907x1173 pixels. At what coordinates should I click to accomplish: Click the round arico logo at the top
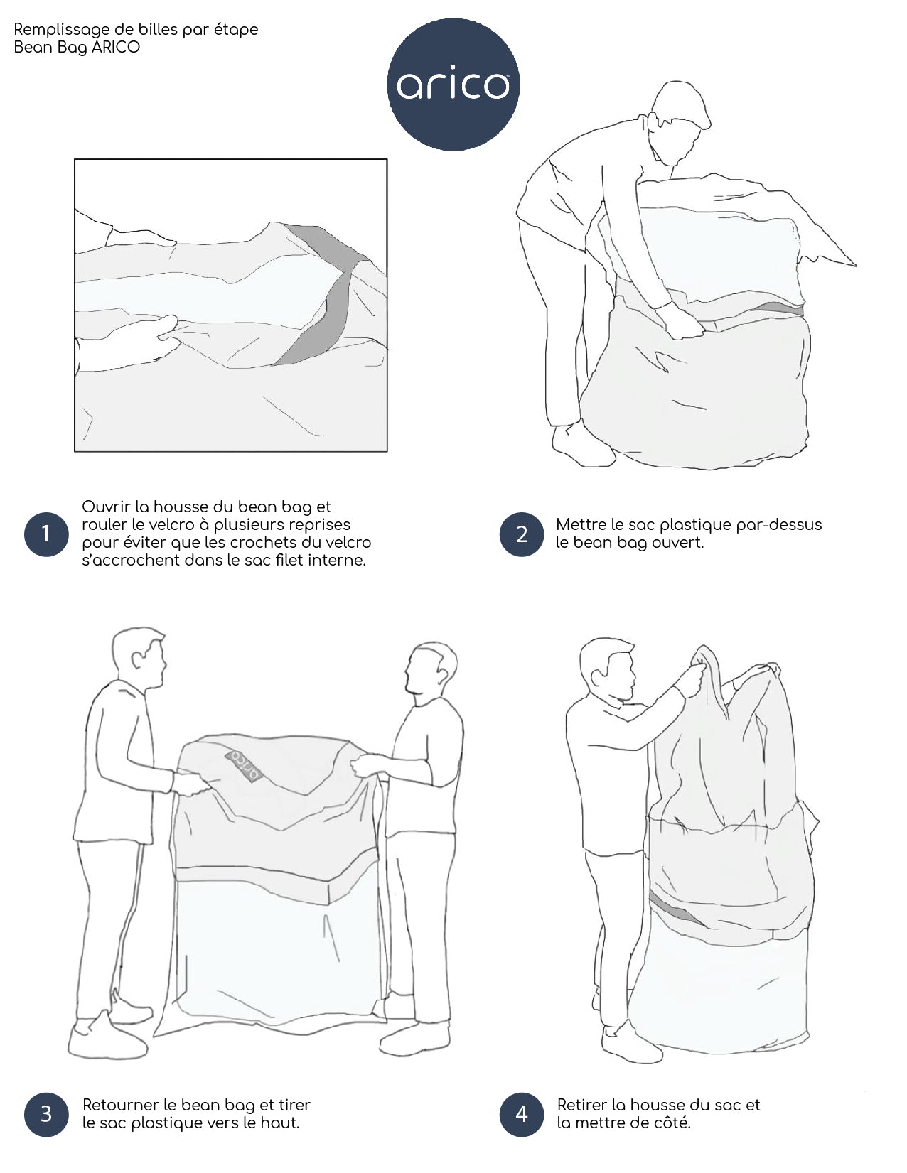(453, 85)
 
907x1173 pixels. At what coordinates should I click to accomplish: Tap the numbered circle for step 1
(46, 534)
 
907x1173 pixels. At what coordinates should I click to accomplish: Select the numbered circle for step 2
(522, 534)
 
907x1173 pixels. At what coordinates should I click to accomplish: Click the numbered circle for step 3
(46, 1113)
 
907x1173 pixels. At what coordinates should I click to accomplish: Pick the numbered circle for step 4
(522, 1113)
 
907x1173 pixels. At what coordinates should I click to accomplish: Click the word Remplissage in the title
(61, 30)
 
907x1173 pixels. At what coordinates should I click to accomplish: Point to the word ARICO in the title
(116, 47)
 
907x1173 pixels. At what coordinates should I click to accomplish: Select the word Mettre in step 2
(581, 524)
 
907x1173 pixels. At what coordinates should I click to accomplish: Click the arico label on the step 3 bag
(245, 764)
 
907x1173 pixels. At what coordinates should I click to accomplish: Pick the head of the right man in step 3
(431, 672)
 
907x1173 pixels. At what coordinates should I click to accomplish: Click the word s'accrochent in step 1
(130, 561)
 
